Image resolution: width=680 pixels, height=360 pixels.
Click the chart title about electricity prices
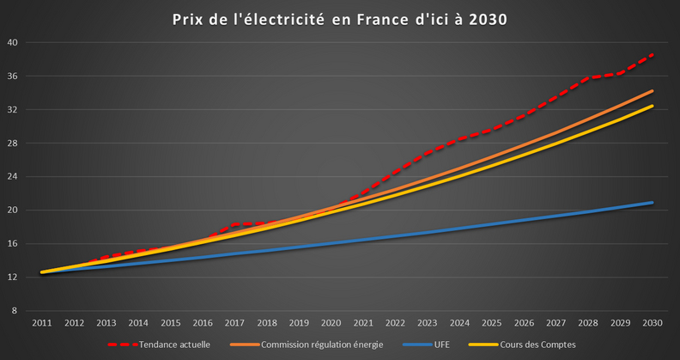pyautogui.click(x=339, y=19)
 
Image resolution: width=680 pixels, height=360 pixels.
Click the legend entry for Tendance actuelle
pyautogui.click(x=173, y=345)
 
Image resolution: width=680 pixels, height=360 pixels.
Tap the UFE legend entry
pyautogui.click(x=438, y=345)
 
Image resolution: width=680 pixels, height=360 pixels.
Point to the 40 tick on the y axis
pyautogui.click(x=24, y=43)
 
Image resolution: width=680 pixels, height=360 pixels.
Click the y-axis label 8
pyautogui.click(x=26, y=311)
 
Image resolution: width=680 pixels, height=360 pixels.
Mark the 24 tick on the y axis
pyautogui.click(x=24, y=177)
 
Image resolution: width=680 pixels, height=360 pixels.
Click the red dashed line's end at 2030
pyautogui.click(x=653, y=54)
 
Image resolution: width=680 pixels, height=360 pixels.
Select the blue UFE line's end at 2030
pyautogui.click(x=653, y=203)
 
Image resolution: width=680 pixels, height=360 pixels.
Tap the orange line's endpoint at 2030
pyautogui.click(x=653, y=91)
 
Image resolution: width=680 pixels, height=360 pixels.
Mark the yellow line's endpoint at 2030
pyautogui.click(x=653, y=107)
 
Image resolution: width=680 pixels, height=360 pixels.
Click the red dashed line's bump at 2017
pyautogui.click(x=234, y=225)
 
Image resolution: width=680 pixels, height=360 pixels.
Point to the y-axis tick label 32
pyautogui.click(x=24, y=110)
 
